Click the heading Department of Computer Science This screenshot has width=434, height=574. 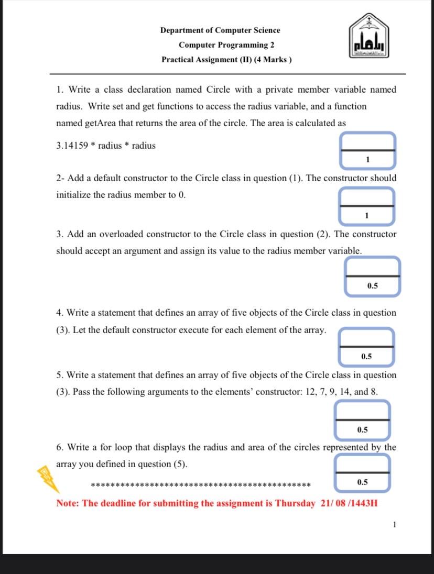[x=220, y=30]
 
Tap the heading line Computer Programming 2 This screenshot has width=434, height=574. [x=226, y=45]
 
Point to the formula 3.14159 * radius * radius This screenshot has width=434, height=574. [x=106, y=146]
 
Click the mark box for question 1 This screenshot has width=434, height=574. [x=367, y=150]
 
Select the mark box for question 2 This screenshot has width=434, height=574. [x=367, y=206]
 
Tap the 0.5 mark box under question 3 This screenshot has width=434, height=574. [x=373, y=276]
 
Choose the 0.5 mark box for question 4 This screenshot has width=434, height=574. [x=366, y=347]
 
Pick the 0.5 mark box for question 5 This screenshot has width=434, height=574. [x=363, y=420]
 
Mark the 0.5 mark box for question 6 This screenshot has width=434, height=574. [x=363, y=473]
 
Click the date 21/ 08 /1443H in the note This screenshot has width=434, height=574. [x=349, y=503]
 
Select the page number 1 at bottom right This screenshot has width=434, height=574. [x=394, y=524]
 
